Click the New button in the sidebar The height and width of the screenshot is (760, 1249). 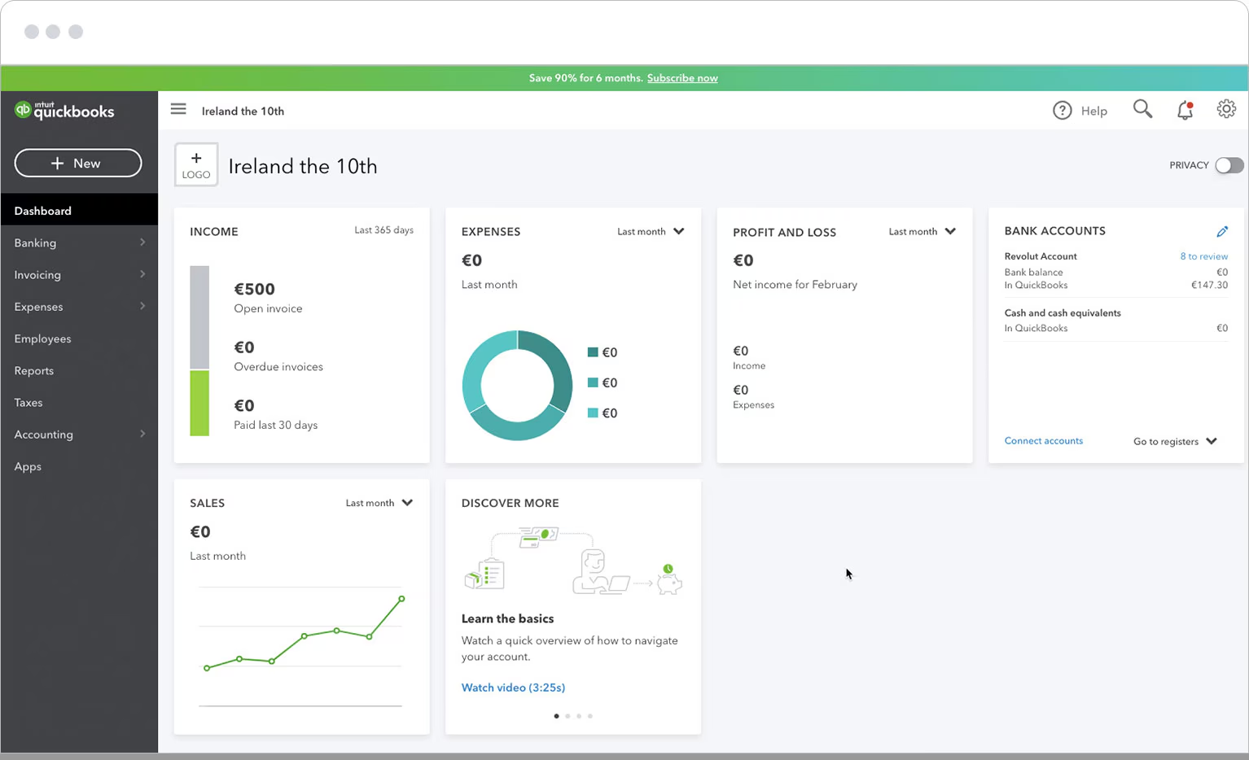coord(78,163)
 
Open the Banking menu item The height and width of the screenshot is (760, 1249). coord(36,242)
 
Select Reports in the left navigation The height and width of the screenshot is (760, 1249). coord(34,370)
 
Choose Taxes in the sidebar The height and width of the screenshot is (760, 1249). coord(28,402)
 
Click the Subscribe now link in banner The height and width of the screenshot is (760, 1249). coord(682,78)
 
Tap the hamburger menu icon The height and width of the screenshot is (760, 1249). coord(178,109)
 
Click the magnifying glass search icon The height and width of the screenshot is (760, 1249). coord(1142,109)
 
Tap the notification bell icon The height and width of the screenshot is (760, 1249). coord(1185,110)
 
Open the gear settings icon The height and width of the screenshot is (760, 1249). coord(1226,109)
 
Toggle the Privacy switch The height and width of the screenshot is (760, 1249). coord(1229,165)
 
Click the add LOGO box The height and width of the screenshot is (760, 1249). coord(196,165)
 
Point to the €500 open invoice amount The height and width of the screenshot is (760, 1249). coord(255,289)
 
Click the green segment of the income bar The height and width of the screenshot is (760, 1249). coord(199,403)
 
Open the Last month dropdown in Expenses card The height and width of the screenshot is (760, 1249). coord(651,231)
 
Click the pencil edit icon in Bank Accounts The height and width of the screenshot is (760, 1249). coord(1222,231)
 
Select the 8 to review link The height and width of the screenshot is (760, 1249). coord(1203,256)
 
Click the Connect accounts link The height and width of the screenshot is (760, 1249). coord(1044,441)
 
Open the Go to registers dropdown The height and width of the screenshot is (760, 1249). coord(1175,441)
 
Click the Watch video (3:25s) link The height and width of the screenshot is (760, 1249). coord(513,688)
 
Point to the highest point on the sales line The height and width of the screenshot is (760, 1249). coord(401,599)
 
